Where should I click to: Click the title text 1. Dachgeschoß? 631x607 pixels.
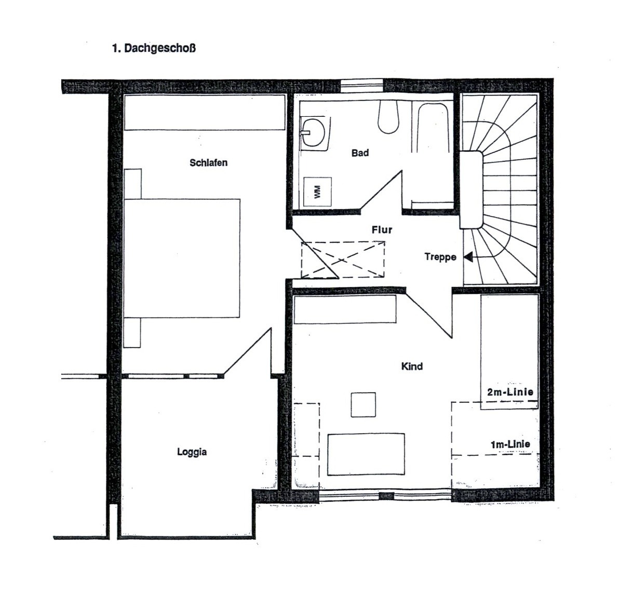tap(154, 49)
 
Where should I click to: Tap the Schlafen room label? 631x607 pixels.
tap(208, 163)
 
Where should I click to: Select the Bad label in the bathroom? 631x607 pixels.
tap(360, 153)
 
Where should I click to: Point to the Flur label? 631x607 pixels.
tap(382, 230)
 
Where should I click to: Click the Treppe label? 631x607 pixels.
tap(440, 257)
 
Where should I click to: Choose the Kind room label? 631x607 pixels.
tap(412, 367)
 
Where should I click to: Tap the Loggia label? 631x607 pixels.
tap(192, 452)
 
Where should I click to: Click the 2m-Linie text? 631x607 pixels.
tap(510, 392)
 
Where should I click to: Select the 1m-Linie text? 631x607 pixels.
tap(511, 444)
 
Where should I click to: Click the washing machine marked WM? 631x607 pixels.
tap(317, 192)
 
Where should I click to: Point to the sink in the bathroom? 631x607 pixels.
tap(314, 132)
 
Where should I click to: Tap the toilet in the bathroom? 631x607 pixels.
tap(388, 117)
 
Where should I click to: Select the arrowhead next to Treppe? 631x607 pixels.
tap(468, 257)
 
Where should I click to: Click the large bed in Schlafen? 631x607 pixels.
tap(182, 258)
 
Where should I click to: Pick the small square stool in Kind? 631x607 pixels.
tap(364, 404)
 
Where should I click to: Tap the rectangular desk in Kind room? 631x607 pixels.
tap(366, 455)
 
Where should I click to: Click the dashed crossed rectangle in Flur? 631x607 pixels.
tap(343, 260)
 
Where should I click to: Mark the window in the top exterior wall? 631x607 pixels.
tap(362, 86)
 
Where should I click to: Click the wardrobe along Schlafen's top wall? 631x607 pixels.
tap(205, 112)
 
